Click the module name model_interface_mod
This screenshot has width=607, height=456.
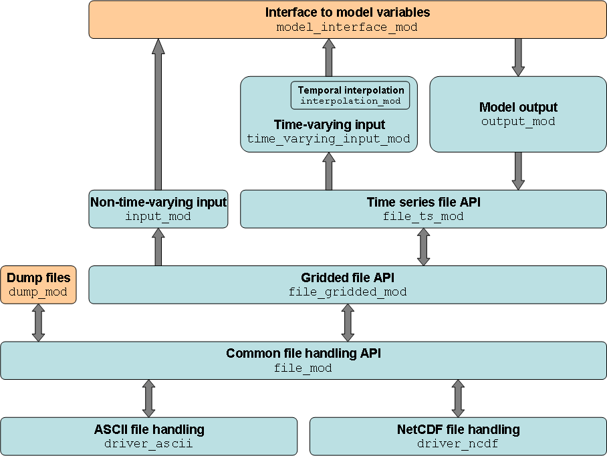point(347,27)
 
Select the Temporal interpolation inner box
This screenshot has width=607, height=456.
point(350,96)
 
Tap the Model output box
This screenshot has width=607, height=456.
point(518,114)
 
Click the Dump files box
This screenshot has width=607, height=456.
point(38,285)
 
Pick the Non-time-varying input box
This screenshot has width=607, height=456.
point(158,209)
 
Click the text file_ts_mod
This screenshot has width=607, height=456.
point(423,217)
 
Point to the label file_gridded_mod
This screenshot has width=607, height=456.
point(348,292)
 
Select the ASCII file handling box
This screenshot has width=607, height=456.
point(148,436)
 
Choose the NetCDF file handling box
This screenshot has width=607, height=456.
point(458,436)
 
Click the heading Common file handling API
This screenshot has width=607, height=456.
point(303,354)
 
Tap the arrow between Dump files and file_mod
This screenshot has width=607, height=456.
point(38,322)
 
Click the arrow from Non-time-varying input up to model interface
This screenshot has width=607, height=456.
point(158,114)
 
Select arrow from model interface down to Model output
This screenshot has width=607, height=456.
point(518,57)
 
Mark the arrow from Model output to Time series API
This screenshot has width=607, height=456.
point(518,170)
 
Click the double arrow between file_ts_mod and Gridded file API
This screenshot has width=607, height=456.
point(423,247)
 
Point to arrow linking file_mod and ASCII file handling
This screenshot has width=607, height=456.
point(148,398)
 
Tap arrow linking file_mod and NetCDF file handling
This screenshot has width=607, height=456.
point(458,398)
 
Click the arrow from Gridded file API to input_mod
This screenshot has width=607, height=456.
point(158,247)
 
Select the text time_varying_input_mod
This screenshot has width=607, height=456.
point(328,139)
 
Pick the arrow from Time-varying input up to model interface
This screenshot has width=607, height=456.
point(328,57)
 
